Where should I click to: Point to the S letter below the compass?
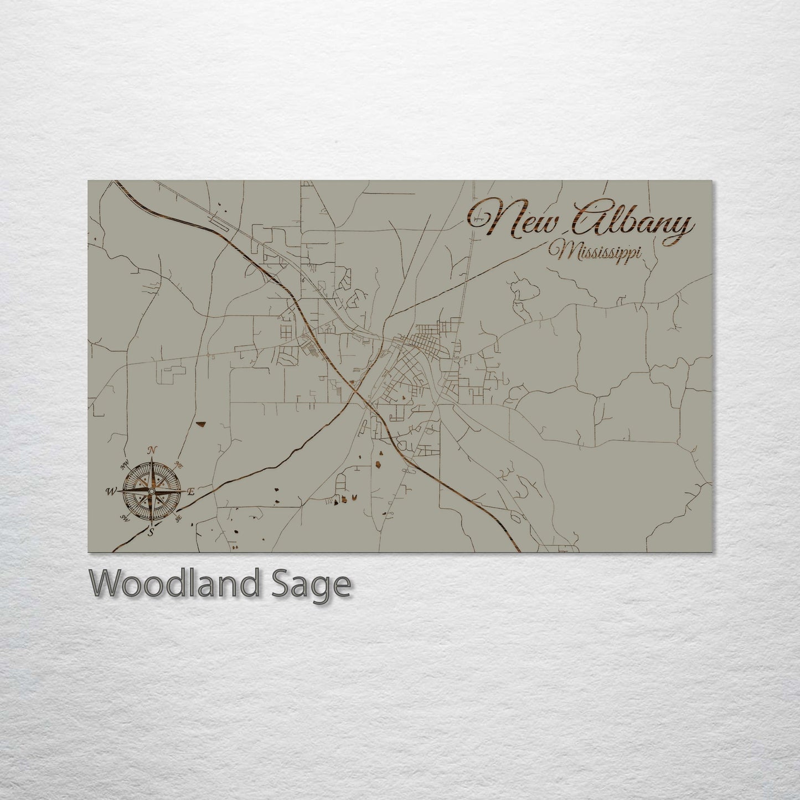(x=149, y=533)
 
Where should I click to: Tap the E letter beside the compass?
(x=192, y=492)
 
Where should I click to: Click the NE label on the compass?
(x=178, y=464)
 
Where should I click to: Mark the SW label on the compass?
(x=123, y=517)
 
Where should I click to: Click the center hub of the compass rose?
(x=151, y=491)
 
